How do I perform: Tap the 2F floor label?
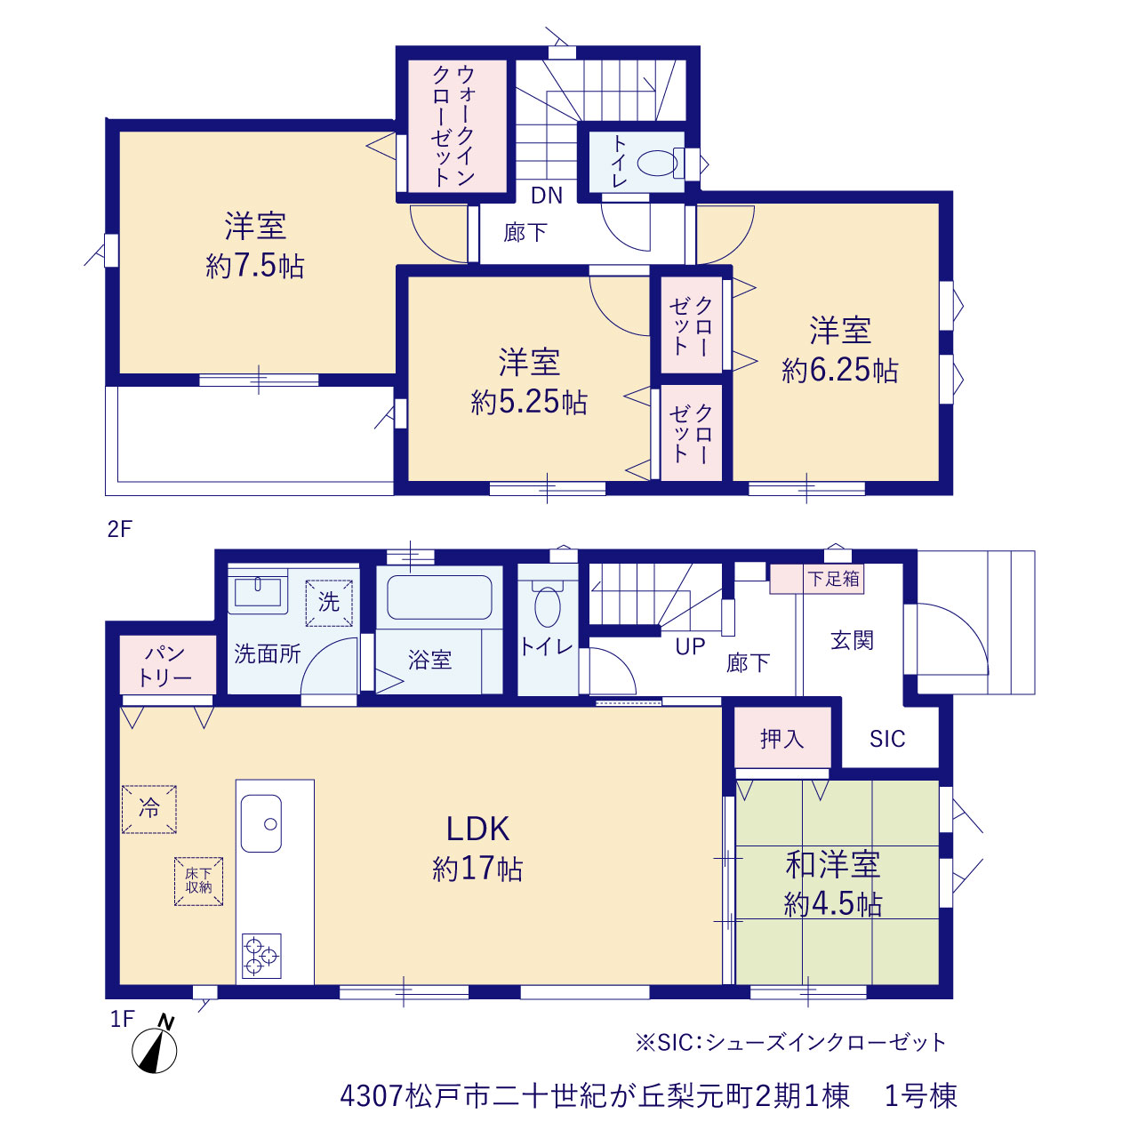pyautogui.click(x=119, y=529)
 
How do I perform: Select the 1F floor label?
pyautogui.click(x=122, y=1019)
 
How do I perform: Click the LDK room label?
pyautogui.click(x=477, y=829)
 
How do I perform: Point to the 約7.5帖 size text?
pyautogui.click(x=255, y=267)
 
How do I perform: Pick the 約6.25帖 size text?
pyautogui.click(x=840, y=370)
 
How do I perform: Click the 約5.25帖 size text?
pyautogui.click(x=529, y=402)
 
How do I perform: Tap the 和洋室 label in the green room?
pyautogui.click(x=833, y=864)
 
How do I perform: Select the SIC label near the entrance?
pyautogui.click(x=887, y=739)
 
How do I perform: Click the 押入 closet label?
pyautogui.click(x=781, y=739)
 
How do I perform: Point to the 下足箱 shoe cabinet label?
pyautogui.click(x=833, y=579)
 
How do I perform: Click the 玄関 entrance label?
pyautogui.click(x=852, y=640)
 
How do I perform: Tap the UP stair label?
pyautogui.click(x=690, y=647)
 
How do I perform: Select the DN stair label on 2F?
pyautogui.click(x=546, y=196)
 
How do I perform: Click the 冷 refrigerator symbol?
pyautogui.click(x=148, y=809)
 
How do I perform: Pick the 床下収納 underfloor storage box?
pyautogui.click(x=198, y=882)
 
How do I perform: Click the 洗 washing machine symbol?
pyautogui.click(x=328, y=603)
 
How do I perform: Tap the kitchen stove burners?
pyautogui.click(x=261, y=956)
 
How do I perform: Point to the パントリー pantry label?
pyautogui.click(x=165, y=665)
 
